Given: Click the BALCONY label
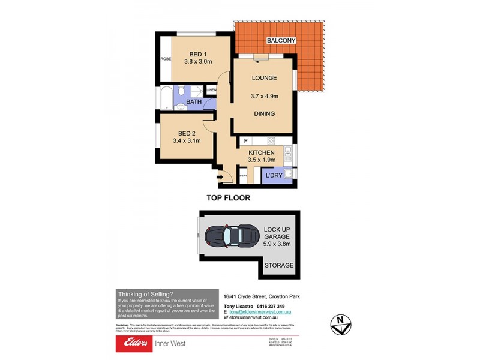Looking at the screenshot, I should tap(281, 41).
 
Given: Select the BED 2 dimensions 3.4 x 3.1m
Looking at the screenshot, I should tap(185, 141).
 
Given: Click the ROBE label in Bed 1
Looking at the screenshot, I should tap(165, 59).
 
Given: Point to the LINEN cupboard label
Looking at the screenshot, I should tap(211, 91).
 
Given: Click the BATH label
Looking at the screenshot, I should tap(194, 103).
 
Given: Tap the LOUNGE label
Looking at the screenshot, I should tap(264, 78).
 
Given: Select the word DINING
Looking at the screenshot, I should tap(264, 113).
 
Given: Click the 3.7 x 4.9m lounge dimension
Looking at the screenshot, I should tap(265, 96).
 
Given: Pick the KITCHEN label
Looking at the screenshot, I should tap(262, 153).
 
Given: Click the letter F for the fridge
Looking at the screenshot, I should tap(245, 141).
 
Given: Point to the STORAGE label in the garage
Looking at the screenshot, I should tap(279, 265).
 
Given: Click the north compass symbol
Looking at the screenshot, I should tap(341, 322).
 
